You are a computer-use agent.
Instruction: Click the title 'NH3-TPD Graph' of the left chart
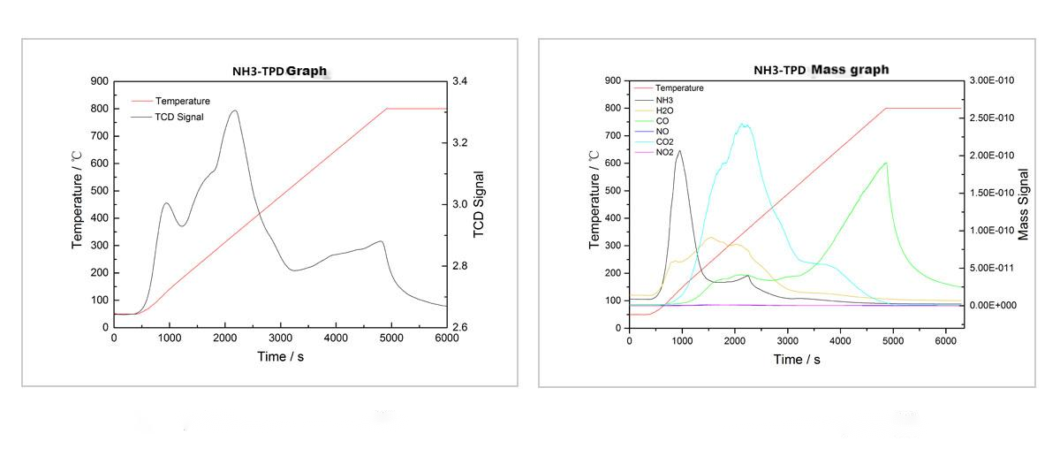pos(273,71)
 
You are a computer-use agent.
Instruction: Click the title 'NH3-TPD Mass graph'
pos(821,69)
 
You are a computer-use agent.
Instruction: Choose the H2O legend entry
pos(665,110)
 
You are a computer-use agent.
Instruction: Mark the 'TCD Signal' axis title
pos(480,204)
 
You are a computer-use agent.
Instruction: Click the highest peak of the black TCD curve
pos(234,110)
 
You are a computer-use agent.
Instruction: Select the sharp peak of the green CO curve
pos(886,163)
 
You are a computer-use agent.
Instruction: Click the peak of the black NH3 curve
pos(679,150)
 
